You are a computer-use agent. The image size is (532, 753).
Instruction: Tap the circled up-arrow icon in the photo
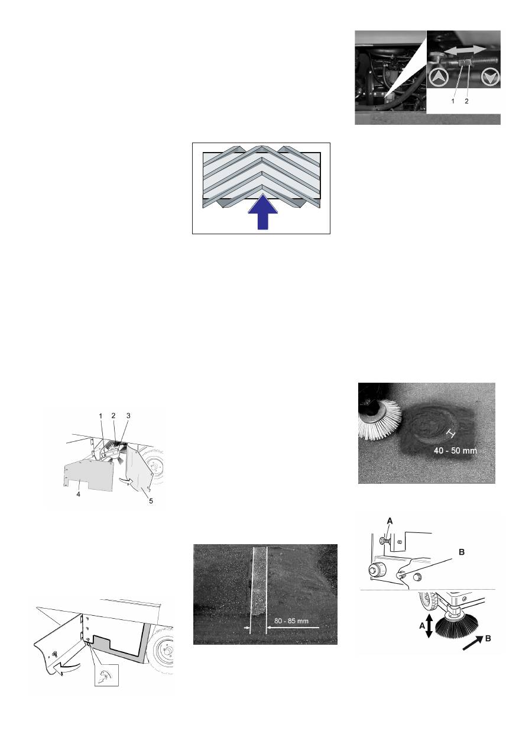[x=438, y=78]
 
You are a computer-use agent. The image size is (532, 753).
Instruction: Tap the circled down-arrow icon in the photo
[x=490, y=77]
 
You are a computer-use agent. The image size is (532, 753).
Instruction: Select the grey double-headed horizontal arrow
[x=465, y=50]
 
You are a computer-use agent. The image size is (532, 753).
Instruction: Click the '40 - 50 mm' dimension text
[x=455, y=451]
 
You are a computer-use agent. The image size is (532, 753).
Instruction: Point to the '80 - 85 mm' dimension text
[x=291, y=621]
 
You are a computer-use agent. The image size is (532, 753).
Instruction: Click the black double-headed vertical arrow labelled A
[x=429, y=626]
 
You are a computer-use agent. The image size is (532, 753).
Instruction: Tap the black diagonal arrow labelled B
[x=473, y=642]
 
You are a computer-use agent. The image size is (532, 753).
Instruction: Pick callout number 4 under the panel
[x=78, y=495]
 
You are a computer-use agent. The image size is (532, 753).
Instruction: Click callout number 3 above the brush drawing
[x=128, y=416]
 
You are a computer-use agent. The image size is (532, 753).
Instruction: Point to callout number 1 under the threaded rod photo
[x=453, y=101]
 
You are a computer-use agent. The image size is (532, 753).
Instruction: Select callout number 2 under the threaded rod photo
[x=466, y=101]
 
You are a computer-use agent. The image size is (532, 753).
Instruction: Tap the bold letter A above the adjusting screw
[x=390, y=521]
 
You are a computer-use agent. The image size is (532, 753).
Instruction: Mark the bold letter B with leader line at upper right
[x=462, y=552]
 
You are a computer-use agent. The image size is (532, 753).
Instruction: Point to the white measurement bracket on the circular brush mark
[x=450, y=434]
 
